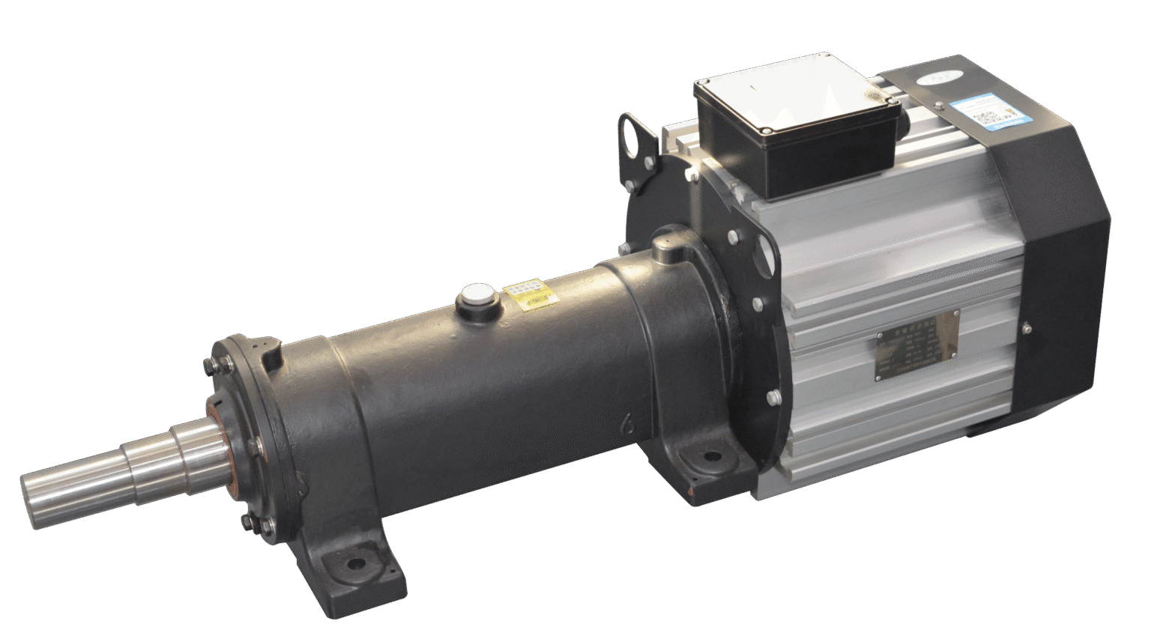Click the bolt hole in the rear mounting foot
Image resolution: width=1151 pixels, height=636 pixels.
point(709,456)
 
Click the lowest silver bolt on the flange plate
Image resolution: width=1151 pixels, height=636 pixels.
point(773,397)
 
